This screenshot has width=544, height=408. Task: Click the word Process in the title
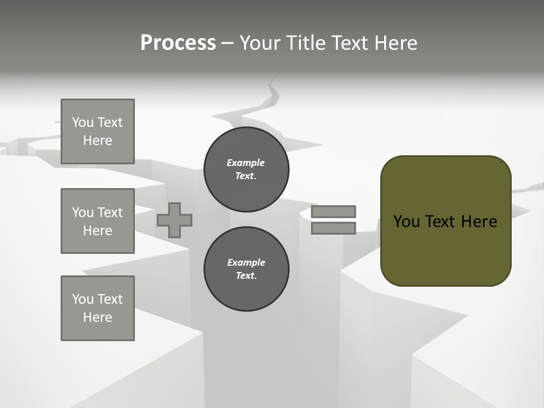178,43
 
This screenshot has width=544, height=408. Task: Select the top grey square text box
97,131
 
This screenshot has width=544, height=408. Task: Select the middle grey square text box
97,221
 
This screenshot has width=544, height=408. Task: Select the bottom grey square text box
97,308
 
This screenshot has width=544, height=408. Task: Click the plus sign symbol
175,220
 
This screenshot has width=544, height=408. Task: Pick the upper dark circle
246,169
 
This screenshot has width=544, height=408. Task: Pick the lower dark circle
246,269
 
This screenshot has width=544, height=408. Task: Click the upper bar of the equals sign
333,211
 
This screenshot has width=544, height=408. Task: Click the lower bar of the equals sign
333,228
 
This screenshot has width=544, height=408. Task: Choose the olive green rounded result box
445,249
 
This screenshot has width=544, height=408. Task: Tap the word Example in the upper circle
246,163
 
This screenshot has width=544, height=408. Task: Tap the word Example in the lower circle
246,263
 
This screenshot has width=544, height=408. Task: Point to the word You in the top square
83,122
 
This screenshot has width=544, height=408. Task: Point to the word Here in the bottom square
97,317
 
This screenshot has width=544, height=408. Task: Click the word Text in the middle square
109,212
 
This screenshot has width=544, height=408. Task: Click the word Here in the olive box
479,222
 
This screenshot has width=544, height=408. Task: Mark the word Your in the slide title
261,43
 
